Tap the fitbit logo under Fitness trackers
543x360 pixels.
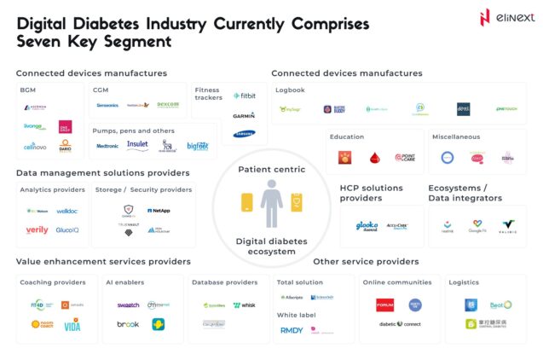pos(246,95)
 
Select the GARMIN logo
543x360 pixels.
pos(244,115)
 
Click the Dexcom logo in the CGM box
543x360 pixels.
pos(168,105)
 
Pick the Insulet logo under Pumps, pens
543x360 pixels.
pos(137,146)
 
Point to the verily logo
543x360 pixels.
pos(37,230)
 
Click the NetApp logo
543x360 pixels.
pos(159,210)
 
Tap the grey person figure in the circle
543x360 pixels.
pos(271,204)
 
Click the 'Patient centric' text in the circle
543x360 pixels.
pos(271,169)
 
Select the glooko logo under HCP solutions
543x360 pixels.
pos(367,226)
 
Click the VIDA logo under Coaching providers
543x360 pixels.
pos(72,326)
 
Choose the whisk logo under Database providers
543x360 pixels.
pos(244,305)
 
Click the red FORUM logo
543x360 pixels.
pos(384,305)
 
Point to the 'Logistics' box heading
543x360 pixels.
pos(466,282)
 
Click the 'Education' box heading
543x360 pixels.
pos(348,136)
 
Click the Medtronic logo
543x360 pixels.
pos(108,147)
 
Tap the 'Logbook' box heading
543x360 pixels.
pos(290,90)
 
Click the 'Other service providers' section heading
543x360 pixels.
pos(366,261)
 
